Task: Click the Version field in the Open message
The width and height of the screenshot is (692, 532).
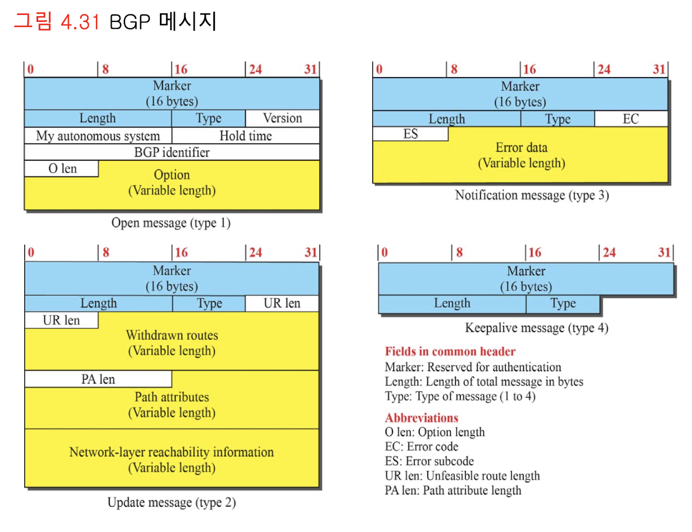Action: (282, 118)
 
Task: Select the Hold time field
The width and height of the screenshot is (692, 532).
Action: (246, 136)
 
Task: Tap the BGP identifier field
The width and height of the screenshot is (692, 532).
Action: (172, 152)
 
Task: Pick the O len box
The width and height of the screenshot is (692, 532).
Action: (62, 169)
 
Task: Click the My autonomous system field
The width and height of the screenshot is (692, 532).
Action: (98, 136)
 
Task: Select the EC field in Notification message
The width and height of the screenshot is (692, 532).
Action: (631, 119)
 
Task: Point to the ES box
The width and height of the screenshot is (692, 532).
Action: (410, 134)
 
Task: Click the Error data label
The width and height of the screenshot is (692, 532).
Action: (521, 148)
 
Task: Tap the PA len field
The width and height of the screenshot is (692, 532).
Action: (98, 379)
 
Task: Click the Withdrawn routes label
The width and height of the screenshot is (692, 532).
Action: (172, 335)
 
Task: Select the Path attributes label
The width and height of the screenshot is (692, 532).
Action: (172, 397)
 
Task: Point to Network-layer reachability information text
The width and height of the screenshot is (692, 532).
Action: (171, 452)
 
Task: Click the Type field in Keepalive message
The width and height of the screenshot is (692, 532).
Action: (563, 304)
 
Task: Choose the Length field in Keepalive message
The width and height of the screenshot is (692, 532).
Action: (452, 304)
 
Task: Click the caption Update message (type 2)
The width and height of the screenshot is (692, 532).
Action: (171, 503)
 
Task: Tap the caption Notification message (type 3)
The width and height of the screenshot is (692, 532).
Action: (532, 195)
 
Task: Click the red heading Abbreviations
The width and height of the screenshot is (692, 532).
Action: (422, 418)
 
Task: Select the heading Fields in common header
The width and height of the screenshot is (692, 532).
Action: (450, 352)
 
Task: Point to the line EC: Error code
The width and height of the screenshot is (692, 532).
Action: (421, 447)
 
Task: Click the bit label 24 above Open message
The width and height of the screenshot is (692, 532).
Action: (255, 70)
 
